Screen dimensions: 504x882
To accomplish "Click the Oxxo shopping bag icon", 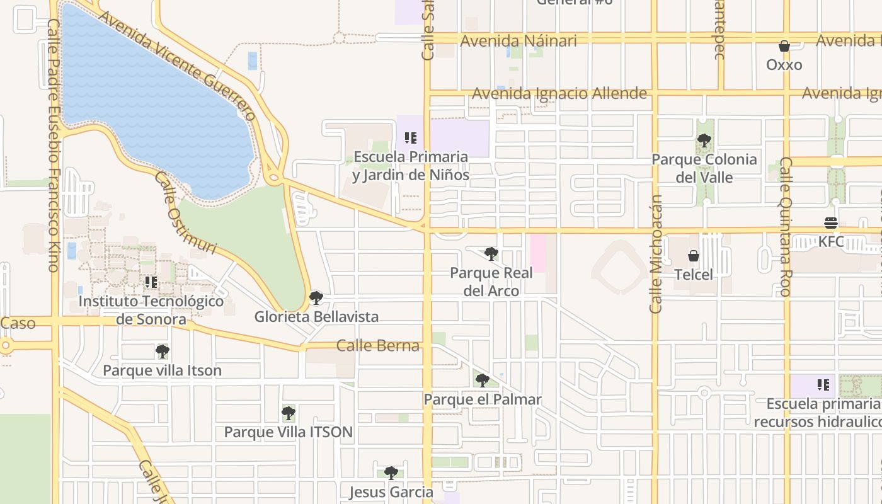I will (784, 46).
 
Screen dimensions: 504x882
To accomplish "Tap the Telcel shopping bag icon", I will (694, 256).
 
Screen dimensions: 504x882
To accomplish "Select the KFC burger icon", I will (831, 223).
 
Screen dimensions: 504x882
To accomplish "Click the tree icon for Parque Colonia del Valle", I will (704, 140).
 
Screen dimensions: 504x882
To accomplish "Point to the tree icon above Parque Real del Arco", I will (491, 254).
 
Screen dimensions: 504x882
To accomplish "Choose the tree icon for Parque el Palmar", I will (483, 381).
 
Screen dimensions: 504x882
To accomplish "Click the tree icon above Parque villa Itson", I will (163, 352).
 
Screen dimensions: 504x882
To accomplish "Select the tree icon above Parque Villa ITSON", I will (289, 413).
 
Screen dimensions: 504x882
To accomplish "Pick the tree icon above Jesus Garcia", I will (391, 473).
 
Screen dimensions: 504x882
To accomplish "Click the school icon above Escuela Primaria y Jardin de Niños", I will (411, 137).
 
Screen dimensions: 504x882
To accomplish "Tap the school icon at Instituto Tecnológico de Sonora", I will (151, 282).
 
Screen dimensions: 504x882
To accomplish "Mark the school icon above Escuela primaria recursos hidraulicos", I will (823, 384).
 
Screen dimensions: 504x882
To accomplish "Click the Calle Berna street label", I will (378, 345).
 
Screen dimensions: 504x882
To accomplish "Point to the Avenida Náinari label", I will (518, 41).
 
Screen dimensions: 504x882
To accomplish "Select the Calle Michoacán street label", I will (656, 253).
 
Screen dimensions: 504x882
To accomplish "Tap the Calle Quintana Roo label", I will (786, 227).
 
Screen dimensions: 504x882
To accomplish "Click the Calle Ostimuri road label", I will (186, 212).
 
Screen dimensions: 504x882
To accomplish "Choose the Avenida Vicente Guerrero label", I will (178, 66).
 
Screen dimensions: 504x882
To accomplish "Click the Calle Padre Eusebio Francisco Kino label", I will (53, 145).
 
